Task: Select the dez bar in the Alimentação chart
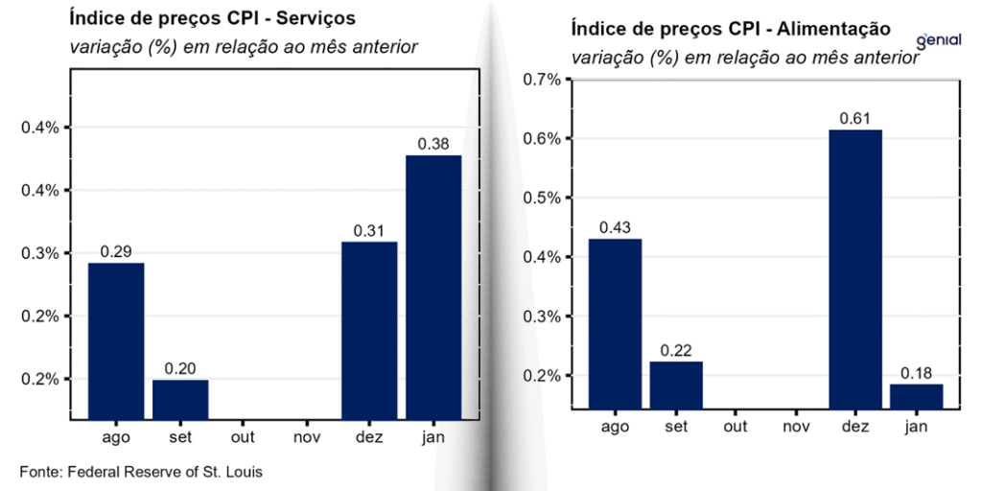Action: (x=855, y=269)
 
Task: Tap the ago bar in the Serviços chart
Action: (x=116, y=339)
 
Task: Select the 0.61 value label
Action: (x=855, y=118)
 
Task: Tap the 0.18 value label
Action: (x=916, y=372)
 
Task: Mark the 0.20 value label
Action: (x=180, y=368)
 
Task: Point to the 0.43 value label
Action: (x=615, y=227)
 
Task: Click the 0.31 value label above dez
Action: (x=369, y=230)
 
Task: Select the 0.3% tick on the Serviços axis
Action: (x=40, y=253)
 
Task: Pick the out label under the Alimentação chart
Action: (x=735, y=427)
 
